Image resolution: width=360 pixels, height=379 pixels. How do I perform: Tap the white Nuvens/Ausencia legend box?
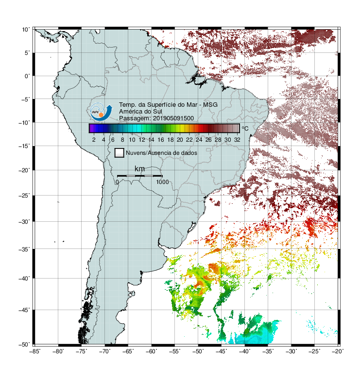[x=120, y=153]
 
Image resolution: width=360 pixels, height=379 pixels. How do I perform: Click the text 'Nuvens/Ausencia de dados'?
[x=161, y=153]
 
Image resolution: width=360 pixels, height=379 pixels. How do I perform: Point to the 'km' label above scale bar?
[x=139, y=169]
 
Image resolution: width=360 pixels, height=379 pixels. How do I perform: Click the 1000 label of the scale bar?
[x=162, y=182]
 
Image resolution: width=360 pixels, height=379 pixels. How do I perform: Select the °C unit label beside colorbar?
[x=245, y=128]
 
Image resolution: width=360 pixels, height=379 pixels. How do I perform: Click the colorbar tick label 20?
[x=180, y=140]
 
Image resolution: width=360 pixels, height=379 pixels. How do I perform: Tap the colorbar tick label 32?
[x=237, y=140]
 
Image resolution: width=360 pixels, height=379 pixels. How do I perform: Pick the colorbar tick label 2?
[x=94, y=140]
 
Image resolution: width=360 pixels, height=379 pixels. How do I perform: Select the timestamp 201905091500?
[x=173, y=118]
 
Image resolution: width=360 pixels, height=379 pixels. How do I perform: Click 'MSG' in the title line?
[x=210, y=105]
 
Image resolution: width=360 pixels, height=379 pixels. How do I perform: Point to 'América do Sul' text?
[x=140, y=112]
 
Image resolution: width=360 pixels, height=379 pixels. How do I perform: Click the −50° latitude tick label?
[x=25, y=345]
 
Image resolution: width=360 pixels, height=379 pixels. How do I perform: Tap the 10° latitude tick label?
[x=26, y=30]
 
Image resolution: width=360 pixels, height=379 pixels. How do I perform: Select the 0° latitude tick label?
[x=27, y=76]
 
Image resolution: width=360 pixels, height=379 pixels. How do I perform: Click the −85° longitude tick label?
[x=35, y=351]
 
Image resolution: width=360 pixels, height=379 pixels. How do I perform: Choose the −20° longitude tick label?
[x=338, y=351]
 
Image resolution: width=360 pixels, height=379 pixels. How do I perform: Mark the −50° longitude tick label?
[x=198, y=351]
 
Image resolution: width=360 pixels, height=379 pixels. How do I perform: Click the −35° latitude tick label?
[x=25, y=249]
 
